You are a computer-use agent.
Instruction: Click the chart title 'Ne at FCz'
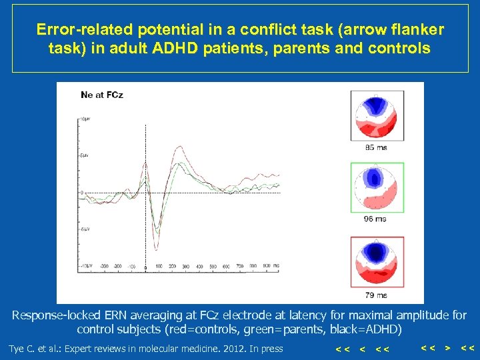coord(101,95)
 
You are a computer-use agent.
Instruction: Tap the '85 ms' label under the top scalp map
coord(376,147)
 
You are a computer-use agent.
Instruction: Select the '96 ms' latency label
coord(376,219)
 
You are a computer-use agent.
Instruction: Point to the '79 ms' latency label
coord(376,295)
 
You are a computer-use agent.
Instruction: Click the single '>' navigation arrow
coord(447,348)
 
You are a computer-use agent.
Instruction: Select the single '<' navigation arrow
coord(362,349)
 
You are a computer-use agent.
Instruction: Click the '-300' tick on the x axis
coord(104,266)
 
